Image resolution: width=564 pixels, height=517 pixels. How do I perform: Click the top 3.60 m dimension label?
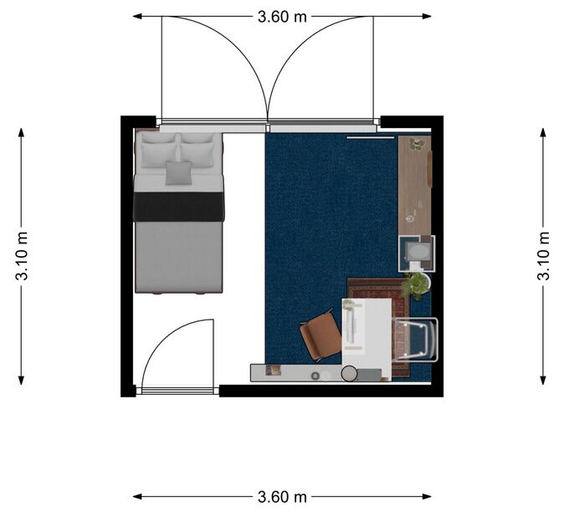pos(282,17)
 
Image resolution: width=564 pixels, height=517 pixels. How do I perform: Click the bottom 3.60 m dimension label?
pos(282,497)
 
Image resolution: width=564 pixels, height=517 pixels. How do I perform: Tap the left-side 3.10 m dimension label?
pos(22,256)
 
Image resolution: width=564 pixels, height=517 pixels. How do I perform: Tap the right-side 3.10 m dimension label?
pos(543,256)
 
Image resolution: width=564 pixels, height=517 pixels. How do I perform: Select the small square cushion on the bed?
pos(178,173)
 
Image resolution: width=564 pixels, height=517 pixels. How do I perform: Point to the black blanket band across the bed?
pos(179,207)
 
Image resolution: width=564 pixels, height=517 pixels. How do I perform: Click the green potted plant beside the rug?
pos(416,284)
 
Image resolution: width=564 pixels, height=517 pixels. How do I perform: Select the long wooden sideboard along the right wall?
pos(415,186)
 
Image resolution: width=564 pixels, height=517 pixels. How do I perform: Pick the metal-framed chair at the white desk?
pos(415,340)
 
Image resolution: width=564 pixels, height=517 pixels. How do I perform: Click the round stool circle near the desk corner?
pos(349,373)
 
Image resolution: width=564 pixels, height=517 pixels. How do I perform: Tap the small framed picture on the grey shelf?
pos(273,370)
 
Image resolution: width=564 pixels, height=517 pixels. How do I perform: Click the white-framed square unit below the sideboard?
pos(416,253)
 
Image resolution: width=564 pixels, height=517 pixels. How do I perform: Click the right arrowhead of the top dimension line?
pos(427,16)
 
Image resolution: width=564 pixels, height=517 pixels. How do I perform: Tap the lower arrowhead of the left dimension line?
pos(21,381)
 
